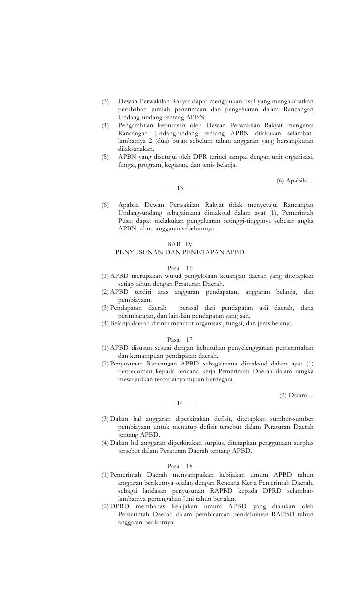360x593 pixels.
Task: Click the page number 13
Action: tap(180, 188)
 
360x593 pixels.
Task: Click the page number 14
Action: tap(180, 403)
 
